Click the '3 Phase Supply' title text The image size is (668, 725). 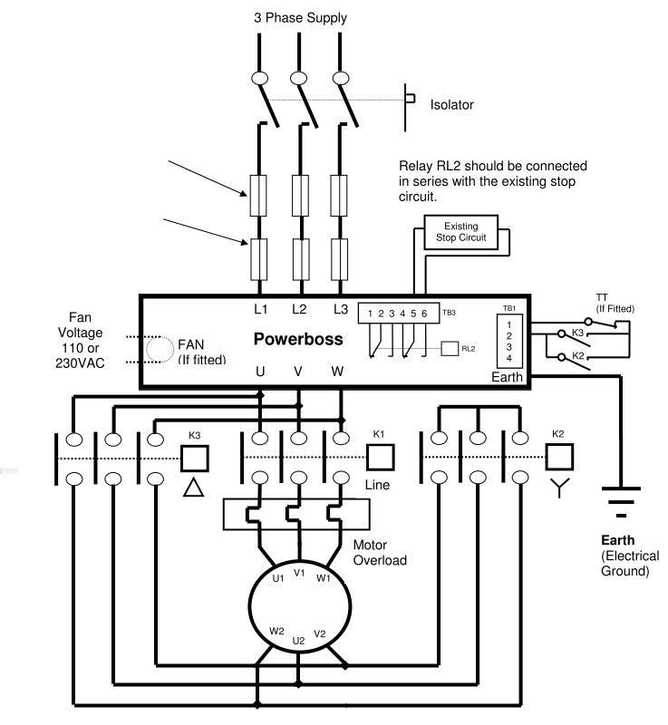tap(300, 18)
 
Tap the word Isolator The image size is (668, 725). tap(451, 104)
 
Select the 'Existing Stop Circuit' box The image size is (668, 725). tap(461, 232)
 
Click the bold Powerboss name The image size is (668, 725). tap(298, 339)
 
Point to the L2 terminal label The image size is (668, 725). tap(299, 309)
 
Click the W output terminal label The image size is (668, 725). tap(337, 371)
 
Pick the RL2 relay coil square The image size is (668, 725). tap(450, 349)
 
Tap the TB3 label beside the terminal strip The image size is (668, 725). tap(449, 313)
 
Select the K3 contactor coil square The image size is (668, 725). tap(195, 459)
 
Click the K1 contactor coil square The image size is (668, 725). tap(381, 458)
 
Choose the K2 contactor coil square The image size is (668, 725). tap(559, 457)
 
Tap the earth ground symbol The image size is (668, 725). tap(621, 501)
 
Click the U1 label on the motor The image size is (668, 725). tap(278, 578)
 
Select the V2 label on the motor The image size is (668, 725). tap(320, 633)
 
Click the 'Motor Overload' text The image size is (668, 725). tap(380, 553)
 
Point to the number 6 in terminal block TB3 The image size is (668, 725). tap(424, 314)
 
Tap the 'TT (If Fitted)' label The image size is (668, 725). tap(615, 304)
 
